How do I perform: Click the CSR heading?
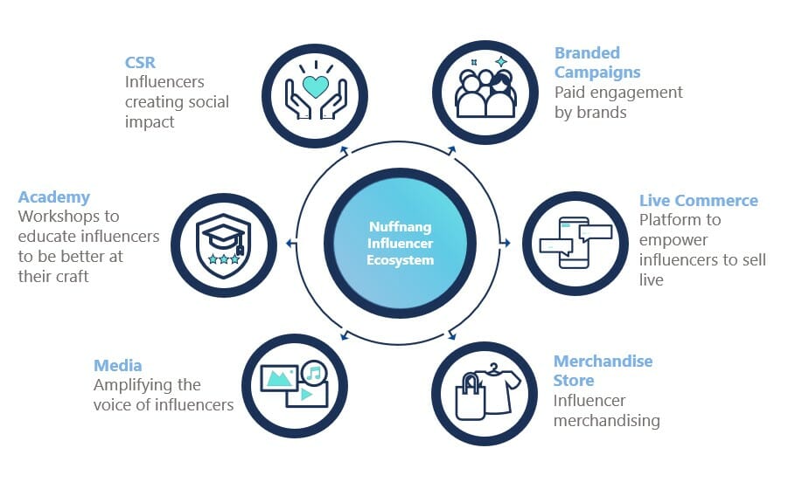click(x=140, y=62)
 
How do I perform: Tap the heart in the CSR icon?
click(x=315, y=86)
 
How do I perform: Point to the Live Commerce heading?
click(x=698, y=200)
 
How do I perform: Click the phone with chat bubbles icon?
click(x=575, y=242)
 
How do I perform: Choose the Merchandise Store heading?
click(x=603, y=370)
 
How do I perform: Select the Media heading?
click(x=117, y=365)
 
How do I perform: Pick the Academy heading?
click(x=53, y=196)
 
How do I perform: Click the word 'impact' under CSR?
click(x=149, y=122)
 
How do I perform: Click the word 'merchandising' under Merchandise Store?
click(x=606, y=420)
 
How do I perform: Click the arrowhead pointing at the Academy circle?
click(x=290, y=242)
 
